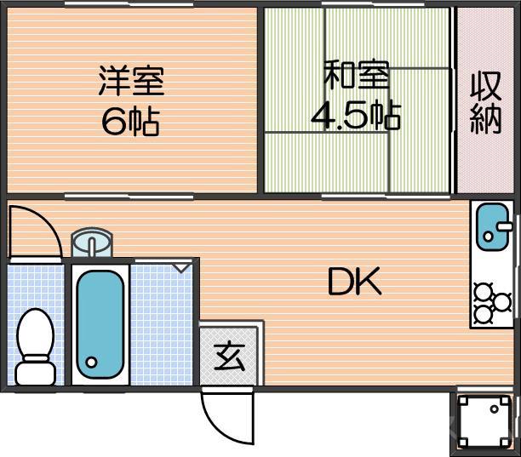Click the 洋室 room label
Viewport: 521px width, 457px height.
pos(130,80)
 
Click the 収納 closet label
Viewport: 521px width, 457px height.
pos(486,102)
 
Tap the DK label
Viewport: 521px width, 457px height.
pos(356,282)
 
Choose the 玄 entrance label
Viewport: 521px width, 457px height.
pos(227,356)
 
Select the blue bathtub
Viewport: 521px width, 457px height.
pos(100,323)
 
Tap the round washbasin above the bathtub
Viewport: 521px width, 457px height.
pos(89,243)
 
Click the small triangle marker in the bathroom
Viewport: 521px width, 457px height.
pos(181,267)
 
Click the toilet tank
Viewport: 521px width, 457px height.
pos(36,372)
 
